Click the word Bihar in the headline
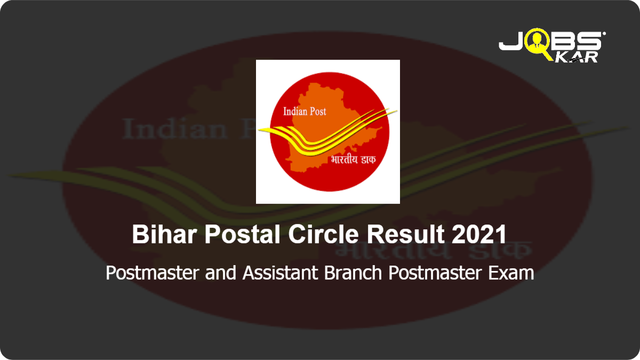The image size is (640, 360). [x=164, y=234]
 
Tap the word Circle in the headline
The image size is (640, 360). [x=323, y=234]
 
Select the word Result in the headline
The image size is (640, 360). [x=405, y=234]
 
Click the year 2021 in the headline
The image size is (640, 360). [x=479, y=234]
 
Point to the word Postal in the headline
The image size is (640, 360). [x=242, y=234]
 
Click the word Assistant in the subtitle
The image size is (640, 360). [x=281, y=273]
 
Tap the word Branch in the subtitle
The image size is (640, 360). [x=353, y=273]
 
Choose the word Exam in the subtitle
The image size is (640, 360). [x=511, y=273]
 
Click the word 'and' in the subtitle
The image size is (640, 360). [x=221, y=273]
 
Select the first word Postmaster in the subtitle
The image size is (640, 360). [x=153, y=273]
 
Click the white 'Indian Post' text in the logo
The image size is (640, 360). [x=305, y=111]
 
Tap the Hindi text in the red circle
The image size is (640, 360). [x=353, y=159]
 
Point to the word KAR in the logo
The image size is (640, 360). [x=577, y=57]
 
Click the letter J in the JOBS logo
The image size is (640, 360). [x=511, y=41]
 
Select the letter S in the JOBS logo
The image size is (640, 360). [x=589, y=41]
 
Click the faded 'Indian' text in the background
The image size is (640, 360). [x=175, y=129]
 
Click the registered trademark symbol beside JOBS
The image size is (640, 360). [x=604, y=34]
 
